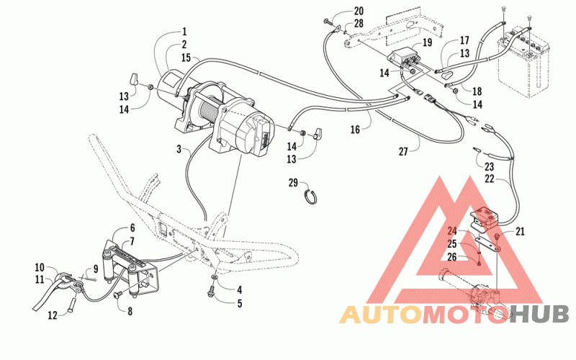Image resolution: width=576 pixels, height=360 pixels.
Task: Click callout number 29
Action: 293,183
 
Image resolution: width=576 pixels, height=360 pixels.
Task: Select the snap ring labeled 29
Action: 312,197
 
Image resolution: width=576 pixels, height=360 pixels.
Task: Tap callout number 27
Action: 403,151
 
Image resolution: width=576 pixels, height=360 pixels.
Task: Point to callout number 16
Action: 355,130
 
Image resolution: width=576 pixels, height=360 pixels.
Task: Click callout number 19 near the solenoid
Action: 427,42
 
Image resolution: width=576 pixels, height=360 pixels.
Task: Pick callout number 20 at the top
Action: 359,11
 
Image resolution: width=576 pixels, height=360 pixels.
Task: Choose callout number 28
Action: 359,24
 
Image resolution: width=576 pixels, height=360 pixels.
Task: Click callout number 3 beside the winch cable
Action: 179,149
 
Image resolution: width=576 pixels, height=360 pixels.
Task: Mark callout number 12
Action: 53,315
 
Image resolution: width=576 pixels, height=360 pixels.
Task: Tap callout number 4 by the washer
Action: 240,290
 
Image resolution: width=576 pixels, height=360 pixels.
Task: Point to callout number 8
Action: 130,312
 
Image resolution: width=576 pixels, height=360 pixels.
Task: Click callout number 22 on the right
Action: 490,179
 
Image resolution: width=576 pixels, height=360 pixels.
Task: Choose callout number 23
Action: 490,167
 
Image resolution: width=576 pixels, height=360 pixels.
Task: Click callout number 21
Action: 520,231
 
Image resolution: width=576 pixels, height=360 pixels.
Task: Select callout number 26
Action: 452,257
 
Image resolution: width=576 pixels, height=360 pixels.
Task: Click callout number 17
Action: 464,40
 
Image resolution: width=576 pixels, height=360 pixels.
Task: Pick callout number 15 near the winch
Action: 186,58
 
